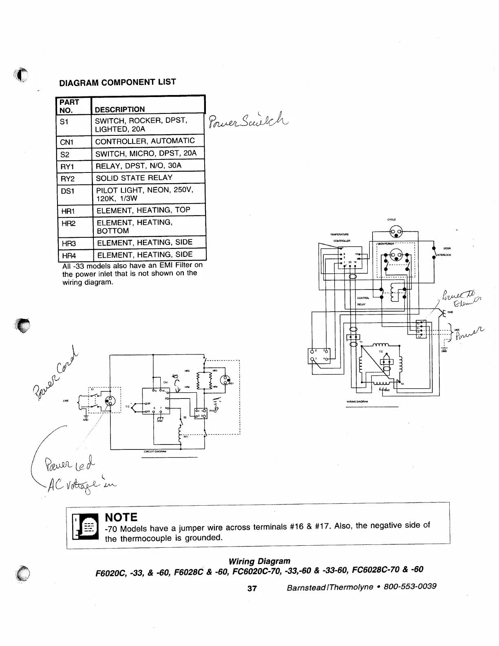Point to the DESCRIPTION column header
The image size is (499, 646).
(x=120, y=109)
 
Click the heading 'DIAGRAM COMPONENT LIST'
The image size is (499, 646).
(x=117, y=82)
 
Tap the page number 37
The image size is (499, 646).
(x=252, y=588)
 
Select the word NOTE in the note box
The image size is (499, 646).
(x=121, y=517)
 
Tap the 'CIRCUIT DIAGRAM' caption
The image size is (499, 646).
(x=155, y=451)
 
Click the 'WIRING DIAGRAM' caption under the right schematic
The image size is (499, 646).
(x=357, y=402)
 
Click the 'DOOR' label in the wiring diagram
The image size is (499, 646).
(x=447, y=248)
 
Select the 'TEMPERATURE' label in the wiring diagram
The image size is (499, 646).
(x=339, y=235)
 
